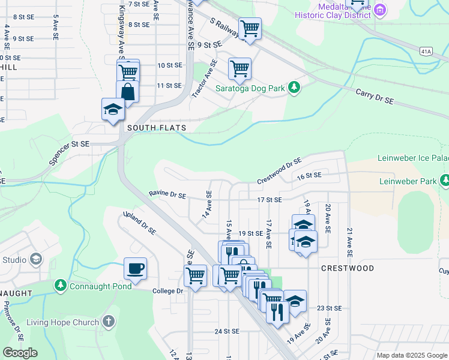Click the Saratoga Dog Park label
click(x=250, y=88)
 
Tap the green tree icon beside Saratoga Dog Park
click(x=294, y=88)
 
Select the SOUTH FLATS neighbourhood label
click(x=157, y=128)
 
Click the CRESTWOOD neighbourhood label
click(x=347, y=268)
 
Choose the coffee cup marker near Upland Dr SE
click(x=135, y=269)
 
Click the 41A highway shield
click(x=426, y=52)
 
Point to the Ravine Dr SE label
click(x=167, y=195)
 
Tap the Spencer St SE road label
click(x=68, y=153)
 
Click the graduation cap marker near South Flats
click(x=113, y=109)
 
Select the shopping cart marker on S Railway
click(x=249, y=28)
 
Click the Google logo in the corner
click(x=20, y=353)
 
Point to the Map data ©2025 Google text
click(x=411, y=355)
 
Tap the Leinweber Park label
click(x=408, y=181)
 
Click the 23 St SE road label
click(x=328, y=308)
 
